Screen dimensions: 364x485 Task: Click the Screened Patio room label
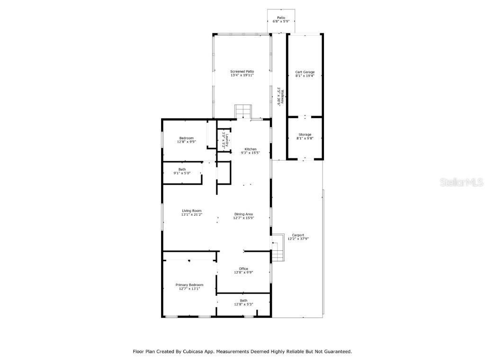[242, 73]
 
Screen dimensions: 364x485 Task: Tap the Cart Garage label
[305, 74]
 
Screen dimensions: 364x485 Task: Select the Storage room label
[305, 136]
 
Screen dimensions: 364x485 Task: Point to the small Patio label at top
[281, 19]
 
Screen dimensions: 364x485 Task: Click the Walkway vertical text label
[279, 95]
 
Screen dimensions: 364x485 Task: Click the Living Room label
[192, 212]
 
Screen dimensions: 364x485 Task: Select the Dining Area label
[243, 216]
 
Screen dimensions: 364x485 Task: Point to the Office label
[243, 270]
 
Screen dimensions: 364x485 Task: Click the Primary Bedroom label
[189, 287]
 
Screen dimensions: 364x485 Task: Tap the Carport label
[298, 237]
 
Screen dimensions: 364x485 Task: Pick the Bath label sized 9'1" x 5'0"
[182, 171]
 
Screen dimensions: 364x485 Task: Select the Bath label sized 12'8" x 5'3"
[243, 302]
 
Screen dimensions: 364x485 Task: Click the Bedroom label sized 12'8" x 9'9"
[186, 140]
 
